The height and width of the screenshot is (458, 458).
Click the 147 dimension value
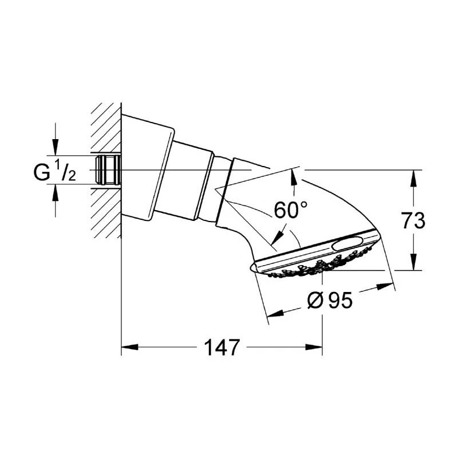point(222,348)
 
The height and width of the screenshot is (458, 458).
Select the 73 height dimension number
point(413,220)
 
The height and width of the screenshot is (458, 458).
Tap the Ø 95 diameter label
point(330,301)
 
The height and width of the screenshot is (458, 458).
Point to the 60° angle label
point(290,210)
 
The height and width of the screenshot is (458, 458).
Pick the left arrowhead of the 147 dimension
point(130,347)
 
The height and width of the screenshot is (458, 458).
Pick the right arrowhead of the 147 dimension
point(314,347)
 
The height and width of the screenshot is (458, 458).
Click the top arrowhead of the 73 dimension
point(413,179)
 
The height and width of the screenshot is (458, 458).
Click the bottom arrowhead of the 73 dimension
point(413,262)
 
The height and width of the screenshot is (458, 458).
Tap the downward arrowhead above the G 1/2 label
point(55,147)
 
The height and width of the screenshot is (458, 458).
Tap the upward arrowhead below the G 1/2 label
point(55,192)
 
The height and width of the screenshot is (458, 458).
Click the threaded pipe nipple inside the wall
point(108,169)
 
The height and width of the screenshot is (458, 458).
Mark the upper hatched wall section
point(106,128)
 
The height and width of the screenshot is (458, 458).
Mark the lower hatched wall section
point(106,213)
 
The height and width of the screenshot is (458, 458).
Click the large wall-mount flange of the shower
point(148,167)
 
